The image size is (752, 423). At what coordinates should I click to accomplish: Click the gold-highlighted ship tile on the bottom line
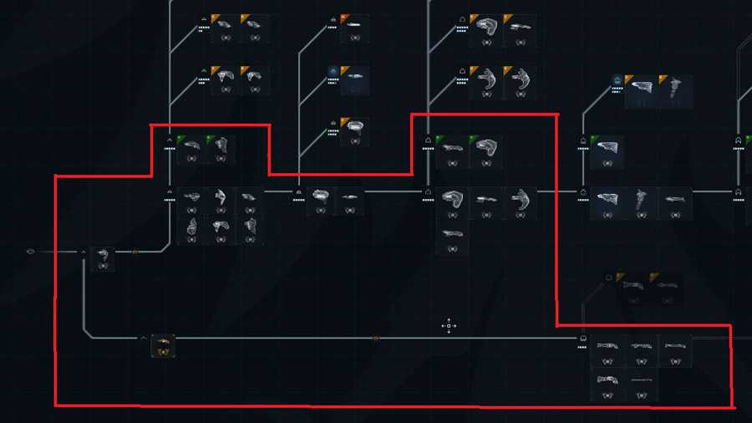(x=163, y=345)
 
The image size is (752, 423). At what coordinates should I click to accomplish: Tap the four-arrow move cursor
(x=449, y=326)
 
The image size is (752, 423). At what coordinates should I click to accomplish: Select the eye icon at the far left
(x=32, y=251)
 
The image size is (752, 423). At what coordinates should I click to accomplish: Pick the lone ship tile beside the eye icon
(x=103, y=257)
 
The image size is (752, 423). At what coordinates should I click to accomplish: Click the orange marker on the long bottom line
(x=376, y=339)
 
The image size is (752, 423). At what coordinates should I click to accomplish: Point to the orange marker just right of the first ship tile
(x=135, y=251)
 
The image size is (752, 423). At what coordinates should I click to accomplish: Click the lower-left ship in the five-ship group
(x=607, y=385)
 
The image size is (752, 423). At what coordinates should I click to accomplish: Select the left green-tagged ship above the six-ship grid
(x=191, y=150)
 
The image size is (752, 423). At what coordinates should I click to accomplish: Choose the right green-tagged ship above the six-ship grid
(x=221, y=150)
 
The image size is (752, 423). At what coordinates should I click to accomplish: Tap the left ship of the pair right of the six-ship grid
(x=320, y=201)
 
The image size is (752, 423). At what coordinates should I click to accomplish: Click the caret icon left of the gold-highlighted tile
(x=144, y=339)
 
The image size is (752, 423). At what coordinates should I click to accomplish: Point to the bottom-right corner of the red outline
(x=733, y=407)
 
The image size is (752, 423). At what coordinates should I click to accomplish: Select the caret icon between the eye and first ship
(x=84, y=251)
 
